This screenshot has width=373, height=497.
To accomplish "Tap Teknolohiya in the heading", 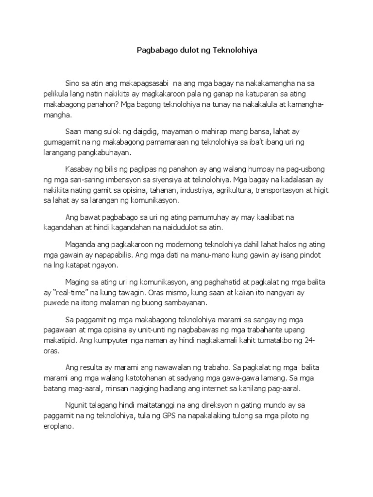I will pyautogui.click(x=226, y=50).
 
